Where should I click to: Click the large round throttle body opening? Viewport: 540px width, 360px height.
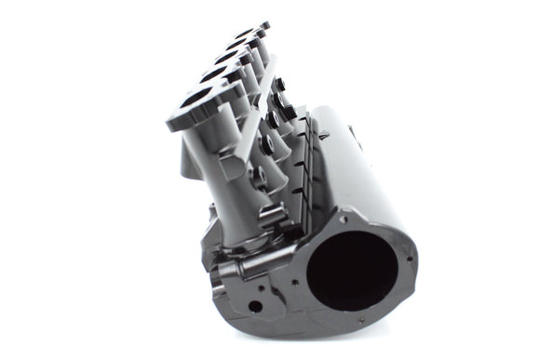tap(353, 271)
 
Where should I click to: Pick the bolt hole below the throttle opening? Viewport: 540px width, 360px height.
tap(361, 321)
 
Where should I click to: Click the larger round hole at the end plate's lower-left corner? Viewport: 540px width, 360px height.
tap(254, 305)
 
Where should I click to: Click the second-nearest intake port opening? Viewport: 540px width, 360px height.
tap(214, 74)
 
